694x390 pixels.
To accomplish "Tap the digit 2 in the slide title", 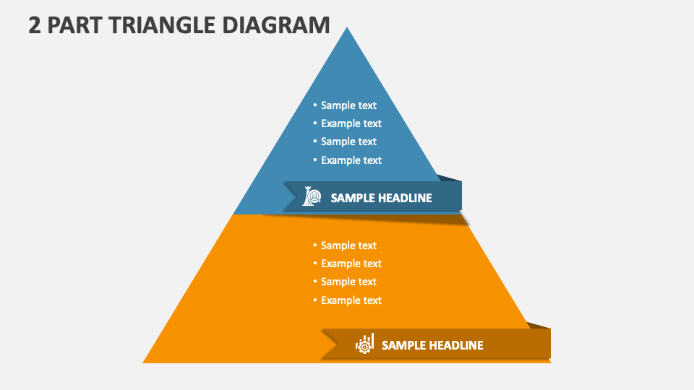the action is tap(35, 25).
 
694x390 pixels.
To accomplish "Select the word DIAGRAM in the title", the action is tap(275, 25).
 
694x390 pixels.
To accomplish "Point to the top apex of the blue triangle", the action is tap(347, 27).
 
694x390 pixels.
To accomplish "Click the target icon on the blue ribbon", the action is tap(312, 196).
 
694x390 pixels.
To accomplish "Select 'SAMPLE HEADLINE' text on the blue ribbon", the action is tap(381, 198).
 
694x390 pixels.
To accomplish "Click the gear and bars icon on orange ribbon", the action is tap(364, 344).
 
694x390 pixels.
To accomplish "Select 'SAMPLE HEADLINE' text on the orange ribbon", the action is tap(432, 345).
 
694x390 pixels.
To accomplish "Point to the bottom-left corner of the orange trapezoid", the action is tap(143, 363).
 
